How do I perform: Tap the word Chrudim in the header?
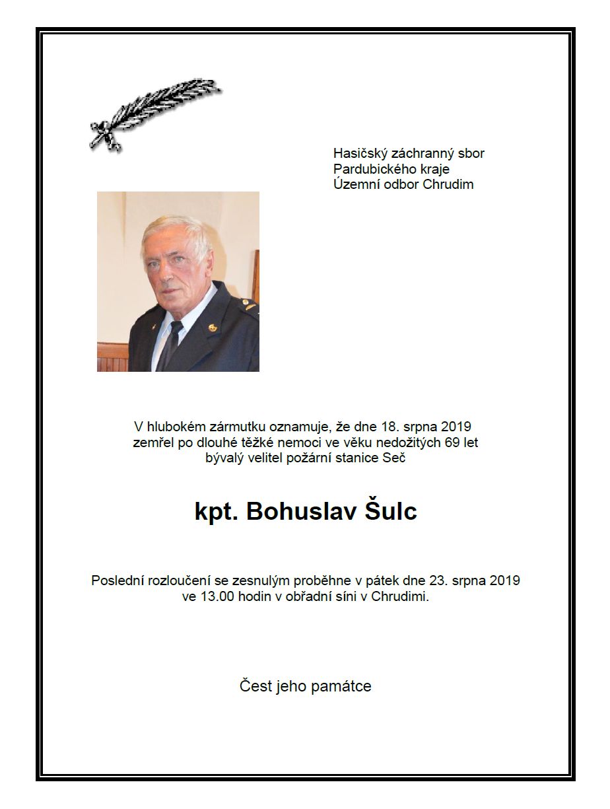tap(450, 184)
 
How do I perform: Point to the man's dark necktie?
tap(171, 343)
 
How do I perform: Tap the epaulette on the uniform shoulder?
tap(248, 304)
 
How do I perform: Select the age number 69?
tap(452, 442)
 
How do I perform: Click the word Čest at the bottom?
tap(255, 686)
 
